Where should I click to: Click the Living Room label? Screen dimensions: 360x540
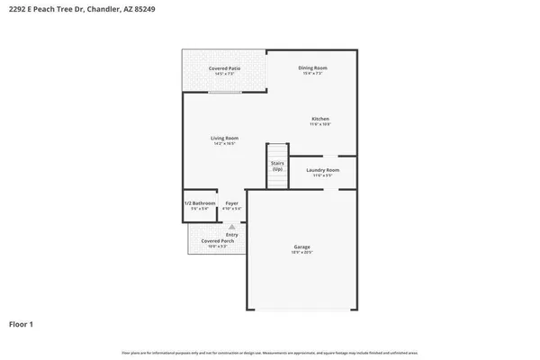click(x=225, y=138)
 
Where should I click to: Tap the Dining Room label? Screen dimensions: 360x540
click(x=312, y=67)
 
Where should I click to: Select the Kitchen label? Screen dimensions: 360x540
click(x=321, y=119)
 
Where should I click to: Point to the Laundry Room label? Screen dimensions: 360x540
click(x=322, y=169)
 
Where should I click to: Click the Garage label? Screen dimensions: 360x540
click(x=301, y=247)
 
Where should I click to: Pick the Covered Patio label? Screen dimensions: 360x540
click(x=224, y=68)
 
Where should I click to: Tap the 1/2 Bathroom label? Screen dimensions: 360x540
click(x=200, y=203)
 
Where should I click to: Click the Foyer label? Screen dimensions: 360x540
click(x=232, y=203)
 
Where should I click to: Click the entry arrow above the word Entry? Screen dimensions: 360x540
click(x=232, y=227)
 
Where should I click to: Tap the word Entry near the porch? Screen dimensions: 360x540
click(x=232, y=235)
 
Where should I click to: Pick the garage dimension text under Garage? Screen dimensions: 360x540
click(x=301, y=253)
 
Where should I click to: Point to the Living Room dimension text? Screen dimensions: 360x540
click(x=225, y=144)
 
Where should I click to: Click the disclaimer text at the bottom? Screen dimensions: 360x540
click(x=269, y=352)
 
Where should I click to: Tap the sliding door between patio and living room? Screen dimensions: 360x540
click(x=225, y=92)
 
